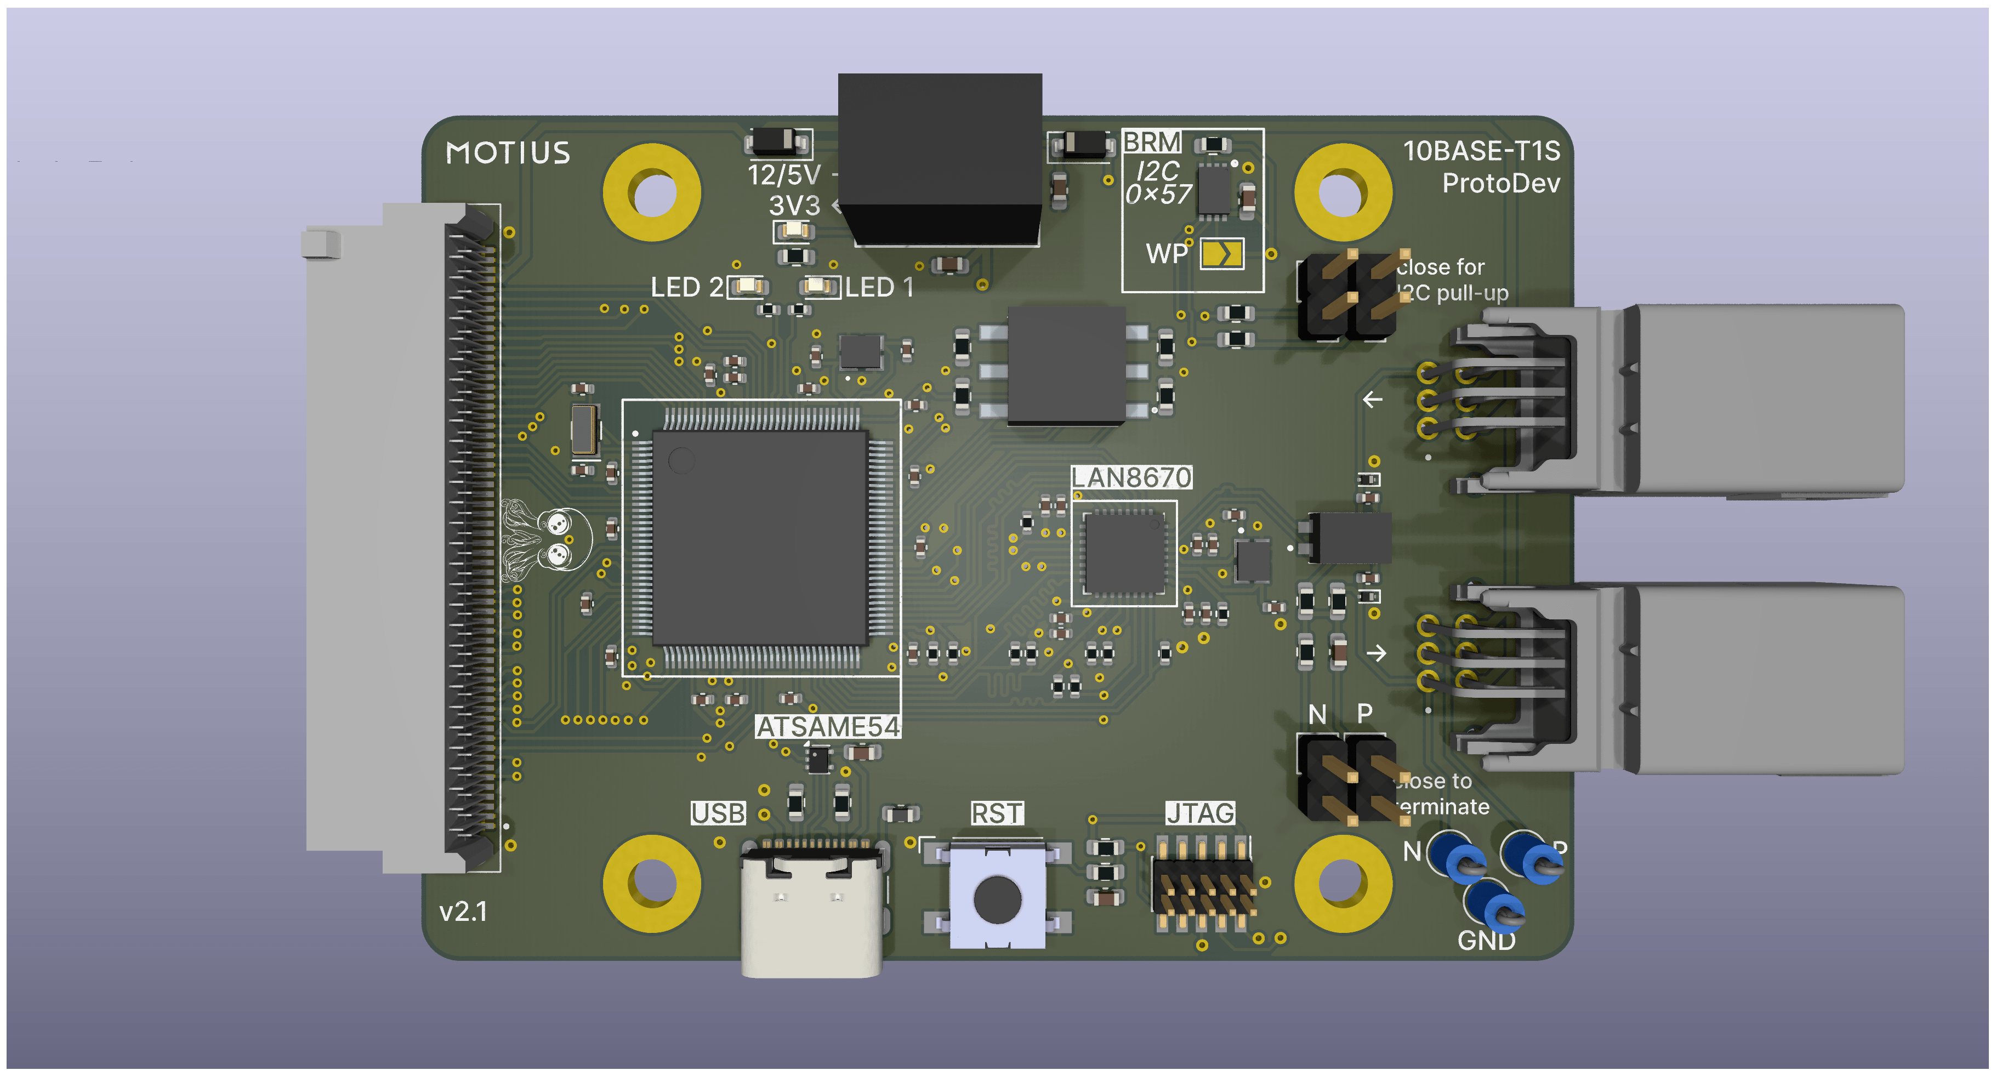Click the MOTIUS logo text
point(508,152)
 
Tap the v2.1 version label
point(463,911)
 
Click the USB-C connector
point(811,906)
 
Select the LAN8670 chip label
point(1131,477)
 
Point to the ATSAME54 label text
point(828,727)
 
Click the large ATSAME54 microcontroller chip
point(759,538)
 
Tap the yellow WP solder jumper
point(1222,253)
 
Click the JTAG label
point(1200,812)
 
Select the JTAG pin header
point(1203,883)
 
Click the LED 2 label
point(686,287)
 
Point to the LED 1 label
point(879,287)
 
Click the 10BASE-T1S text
point(1481,150)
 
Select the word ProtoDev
point(1501,184)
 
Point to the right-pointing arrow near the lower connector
point(1376,653)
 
